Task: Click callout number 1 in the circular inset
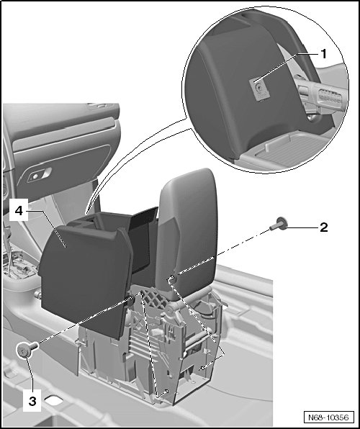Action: tap(324, 54)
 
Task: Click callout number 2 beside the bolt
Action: tap(324, 227)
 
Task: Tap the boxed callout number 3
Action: tap(32, 401)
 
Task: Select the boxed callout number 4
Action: tap(19, 211)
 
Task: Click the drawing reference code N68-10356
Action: tap(328, 417)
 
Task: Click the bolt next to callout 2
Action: tap(278, 224)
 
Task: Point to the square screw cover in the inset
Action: tap(259, 89)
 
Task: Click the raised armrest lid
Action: tap(188, 232)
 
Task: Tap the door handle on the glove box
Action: tap(39, 175)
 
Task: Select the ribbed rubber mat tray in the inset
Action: tap(290, 149)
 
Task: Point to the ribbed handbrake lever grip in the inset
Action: tap(325, 94)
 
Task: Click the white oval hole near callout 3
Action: tap(54, 400)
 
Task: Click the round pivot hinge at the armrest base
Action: tap(171, 308)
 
